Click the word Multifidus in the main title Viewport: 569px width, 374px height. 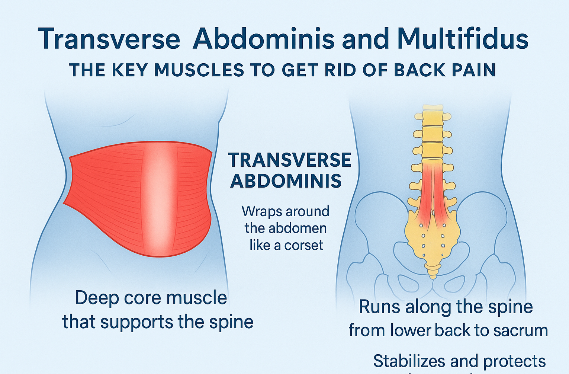point(463,39)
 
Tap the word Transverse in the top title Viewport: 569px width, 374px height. point(109,39)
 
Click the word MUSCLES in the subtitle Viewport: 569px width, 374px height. point(199,70)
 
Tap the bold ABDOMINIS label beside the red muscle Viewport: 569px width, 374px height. point(286,181)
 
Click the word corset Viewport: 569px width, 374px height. point(303,245)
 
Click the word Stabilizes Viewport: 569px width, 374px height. point(409,361)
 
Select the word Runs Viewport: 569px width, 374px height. point(379,307)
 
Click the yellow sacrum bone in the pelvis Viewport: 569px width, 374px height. point(433,238)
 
